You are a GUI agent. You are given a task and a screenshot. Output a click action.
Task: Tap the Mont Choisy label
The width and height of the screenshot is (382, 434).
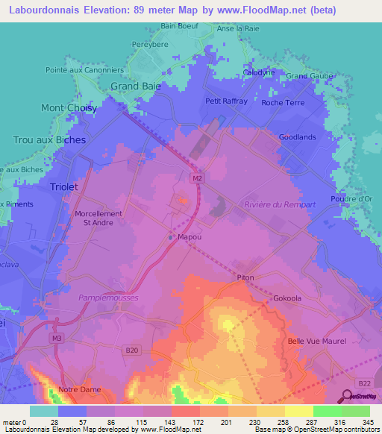tap(69, 108)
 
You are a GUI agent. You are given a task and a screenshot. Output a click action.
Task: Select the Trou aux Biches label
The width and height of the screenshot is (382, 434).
tap(49, 139)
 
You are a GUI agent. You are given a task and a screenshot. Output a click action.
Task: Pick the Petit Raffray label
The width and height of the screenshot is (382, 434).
tap(226, 101)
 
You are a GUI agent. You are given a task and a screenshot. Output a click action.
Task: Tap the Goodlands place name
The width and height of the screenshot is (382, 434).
tap(297, 137)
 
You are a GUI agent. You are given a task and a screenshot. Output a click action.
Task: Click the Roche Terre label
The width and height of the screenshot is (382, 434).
tap(282, 103)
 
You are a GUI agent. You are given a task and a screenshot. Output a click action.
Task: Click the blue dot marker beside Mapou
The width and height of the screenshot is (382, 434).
tap(171, 238)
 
